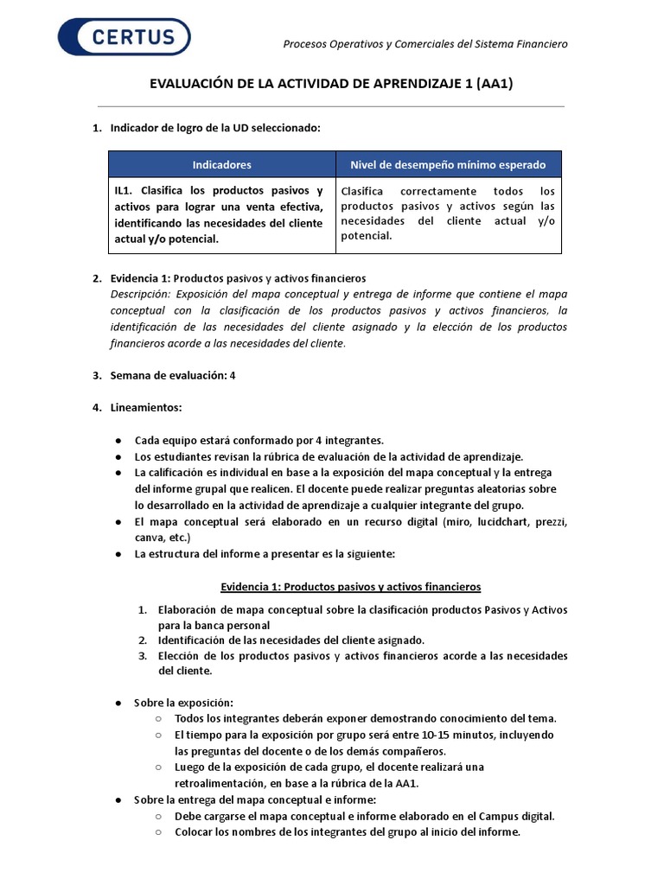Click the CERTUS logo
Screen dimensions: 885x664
124,37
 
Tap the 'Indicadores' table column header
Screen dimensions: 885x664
221,164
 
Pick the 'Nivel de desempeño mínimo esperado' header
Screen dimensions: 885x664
448,164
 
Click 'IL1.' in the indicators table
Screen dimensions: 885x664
124,190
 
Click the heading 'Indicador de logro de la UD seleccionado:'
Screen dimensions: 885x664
215,128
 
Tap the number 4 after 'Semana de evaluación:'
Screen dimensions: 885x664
233,375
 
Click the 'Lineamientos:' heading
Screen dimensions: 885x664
146,407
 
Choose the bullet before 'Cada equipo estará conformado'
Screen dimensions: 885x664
118,441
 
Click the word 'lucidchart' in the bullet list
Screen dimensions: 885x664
486,522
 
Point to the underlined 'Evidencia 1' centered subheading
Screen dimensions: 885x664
350,587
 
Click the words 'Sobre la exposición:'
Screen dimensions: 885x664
183,703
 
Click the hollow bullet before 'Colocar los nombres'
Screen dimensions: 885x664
158,832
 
